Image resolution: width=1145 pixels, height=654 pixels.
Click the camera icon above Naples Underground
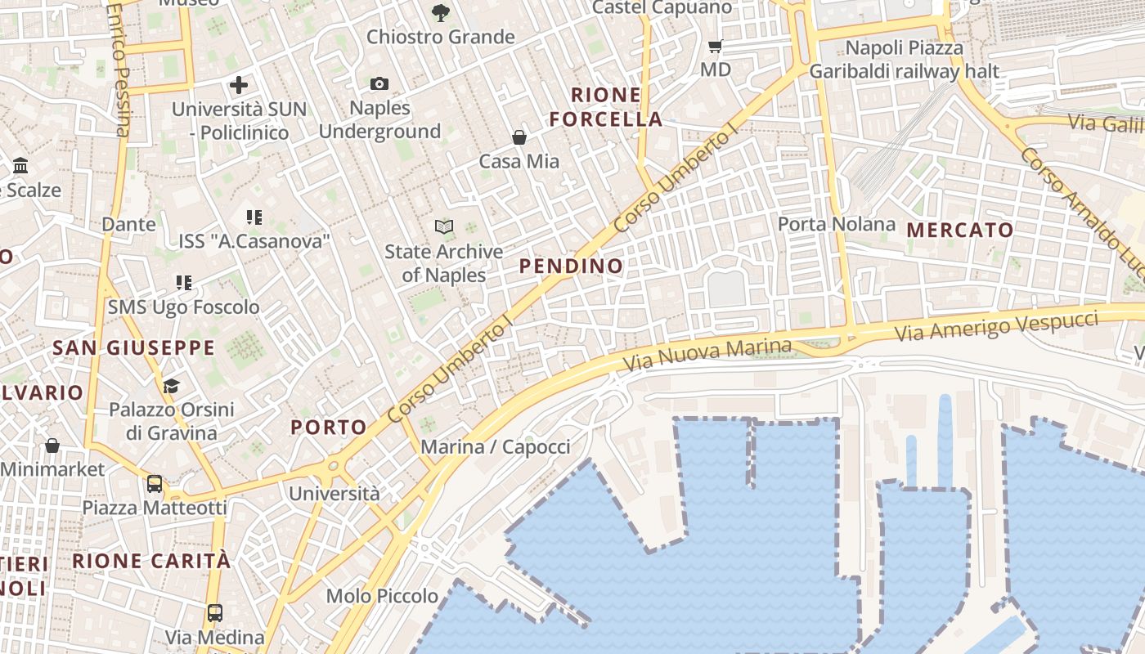(379, 83)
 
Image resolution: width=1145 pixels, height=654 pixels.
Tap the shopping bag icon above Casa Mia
(519, 137)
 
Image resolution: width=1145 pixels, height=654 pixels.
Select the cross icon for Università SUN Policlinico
(239, 84)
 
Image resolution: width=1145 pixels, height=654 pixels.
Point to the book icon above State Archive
(443, 226)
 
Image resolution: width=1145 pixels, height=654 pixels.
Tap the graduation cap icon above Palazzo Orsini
(171, 385)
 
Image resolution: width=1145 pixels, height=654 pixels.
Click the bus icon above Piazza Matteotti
(155, 483)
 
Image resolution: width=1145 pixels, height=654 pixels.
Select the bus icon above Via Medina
(215, 612)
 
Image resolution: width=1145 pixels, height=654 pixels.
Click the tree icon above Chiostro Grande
(440, 12)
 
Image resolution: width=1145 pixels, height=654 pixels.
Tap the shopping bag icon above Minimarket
(52, 446)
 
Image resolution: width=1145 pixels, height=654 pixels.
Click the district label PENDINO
(571, 266)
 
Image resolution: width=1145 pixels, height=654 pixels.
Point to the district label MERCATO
(960, 230)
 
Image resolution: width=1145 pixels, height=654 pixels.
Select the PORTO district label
(329, 427)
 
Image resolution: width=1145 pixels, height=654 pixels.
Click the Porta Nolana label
(836, 224)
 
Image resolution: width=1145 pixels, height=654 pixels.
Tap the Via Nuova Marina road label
(707, 354)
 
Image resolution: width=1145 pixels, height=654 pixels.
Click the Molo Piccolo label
(382, 596)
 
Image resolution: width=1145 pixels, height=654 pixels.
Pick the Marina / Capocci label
(495, 446)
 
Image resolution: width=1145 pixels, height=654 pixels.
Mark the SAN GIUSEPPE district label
(133, 347)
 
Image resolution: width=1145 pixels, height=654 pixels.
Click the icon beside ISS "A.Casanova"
(254, 217)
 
